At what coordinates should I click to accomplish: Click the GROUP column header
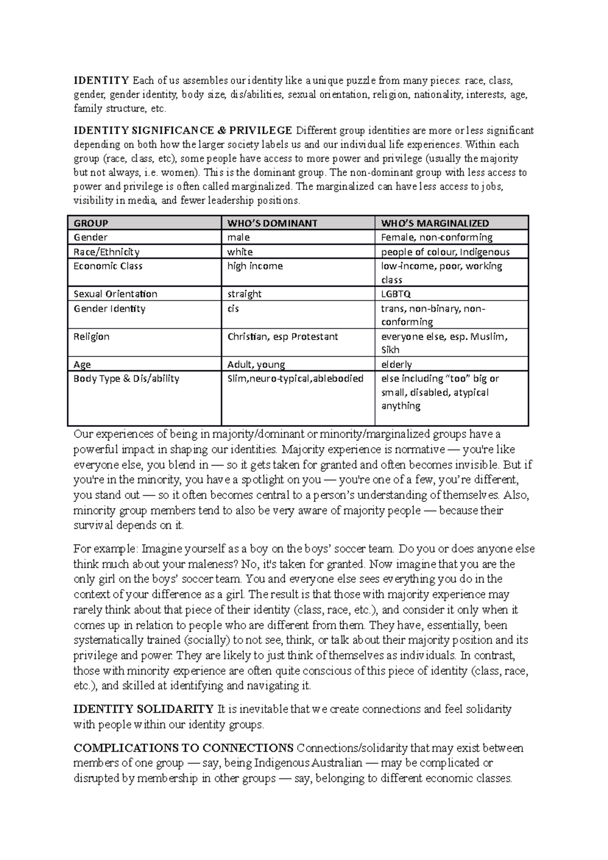click(91, 223)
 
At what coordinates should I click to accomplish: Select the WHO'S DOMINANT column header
click(272, 223)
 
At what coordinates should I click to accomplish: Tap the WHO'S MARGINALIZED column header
click(435, 223)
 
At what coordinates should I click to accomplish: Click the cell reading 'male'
click(239, 238)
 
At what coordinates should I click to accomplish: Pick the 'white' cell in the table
click(240, 252)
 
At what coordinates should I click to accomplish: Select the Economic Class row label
click(108, 266)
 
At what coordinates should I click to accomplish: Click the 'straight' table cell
click(244, 294)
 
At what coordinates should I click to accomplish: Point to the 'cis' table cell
click(233, 308)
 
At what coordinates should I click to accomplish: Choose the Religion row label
click(91, 337)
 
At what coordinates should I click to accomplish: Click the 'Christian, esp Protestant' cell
click(282, 337)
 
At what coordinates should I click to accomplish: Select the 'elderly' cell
click(396, 365)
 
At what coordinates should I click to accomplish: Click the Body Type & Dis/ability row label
click(126, 379)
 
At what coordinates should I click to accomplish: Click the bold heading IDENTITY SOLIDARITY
click(143, 709)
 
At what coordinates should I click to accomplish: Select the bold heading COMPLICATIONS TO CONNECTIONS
click(183, 748)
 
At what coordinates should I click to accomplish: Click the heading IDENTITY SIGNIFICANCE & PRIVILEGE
click(183, 130)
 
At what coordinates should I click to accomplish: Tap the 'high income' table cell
click(255, 266)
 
